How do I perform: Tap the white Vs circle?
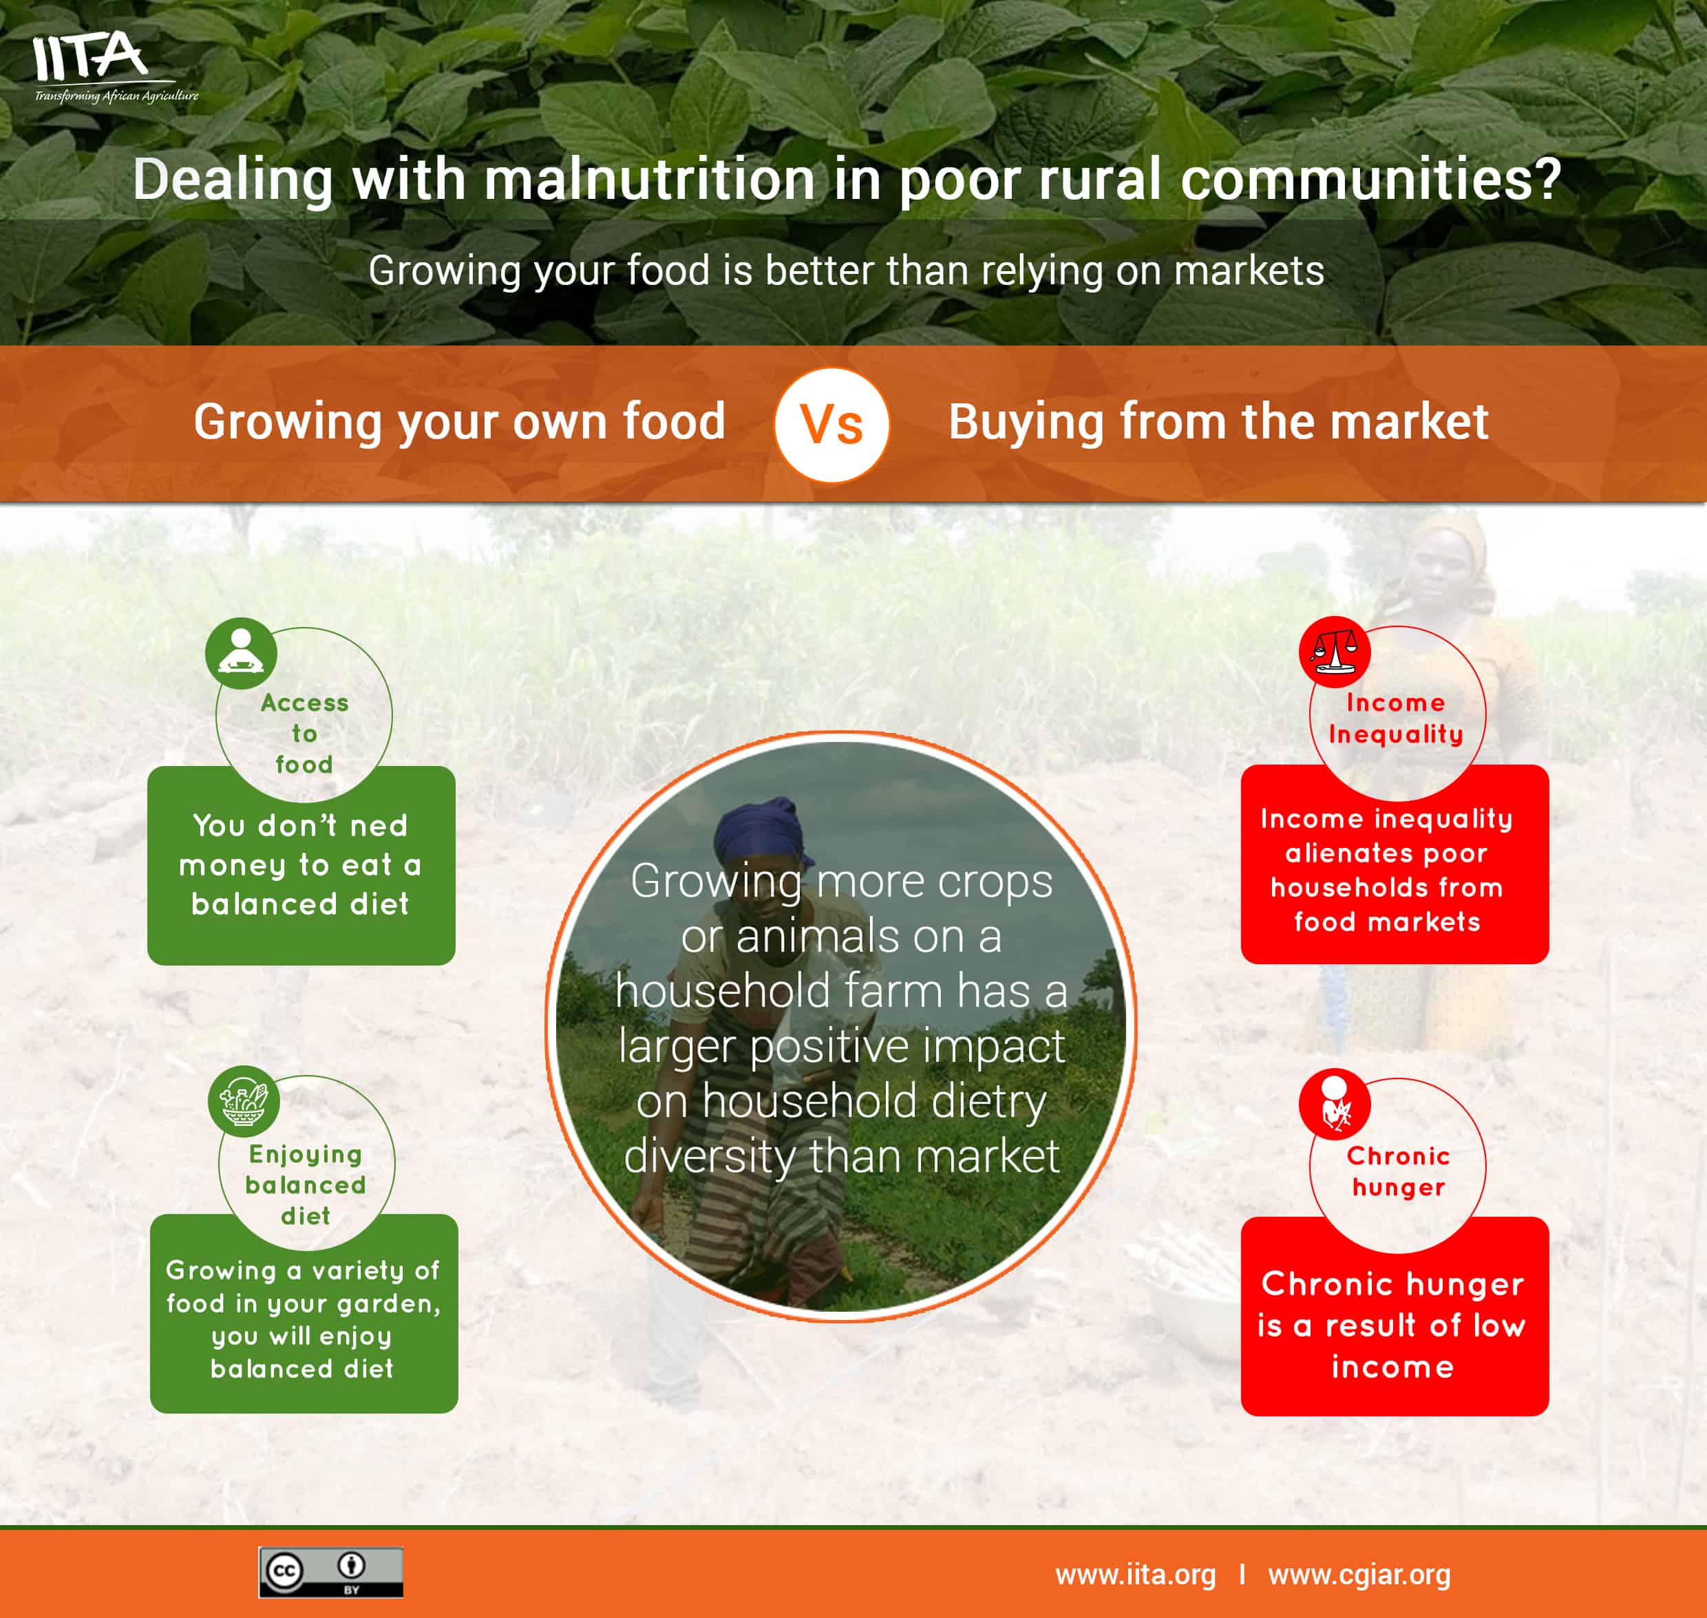click(831, 425)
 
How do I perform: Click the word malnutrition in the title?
click(648, 180)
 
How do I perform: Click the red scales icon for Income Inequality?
click(1335, 652)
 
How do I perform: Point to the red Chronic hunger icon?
click(1335, 1105)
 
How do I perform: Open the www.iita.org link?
click(1135, 1575)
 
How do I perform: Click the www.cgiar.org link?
click(1359, 1575)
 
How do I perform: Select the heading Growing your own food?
click(459, 422)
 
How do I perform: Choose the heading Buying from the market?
click(1218, 422)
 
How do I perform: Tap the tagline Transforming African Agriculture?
click(116, 96)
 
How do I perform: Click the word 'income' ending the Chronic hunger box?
click(1392, 1367)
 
